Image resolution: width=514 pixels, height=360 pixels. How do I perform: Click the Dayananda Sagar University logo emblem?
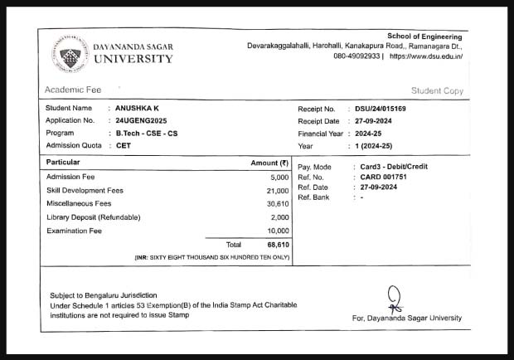70,53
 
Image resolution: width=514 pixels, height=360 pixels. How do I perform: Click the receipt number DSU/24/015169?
381,109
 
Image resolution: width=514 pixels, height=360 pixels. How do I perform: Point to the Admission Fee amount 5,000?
279,178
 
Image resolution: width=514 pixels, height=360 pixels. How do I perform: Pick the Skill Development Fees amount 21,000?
277,191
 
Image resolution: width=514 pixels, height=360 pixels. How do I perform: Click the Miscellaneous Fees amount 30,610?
277,204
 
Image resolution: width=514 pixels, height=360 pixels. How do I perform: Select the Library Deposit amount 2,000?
279,217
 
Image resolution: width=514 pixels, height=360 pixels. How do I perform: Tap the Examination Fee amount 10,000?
277,231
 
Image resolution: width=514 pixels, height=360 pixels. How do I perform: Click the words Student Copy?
437,90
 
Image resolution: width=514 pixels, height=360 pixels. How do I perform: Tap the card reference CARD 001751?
384,178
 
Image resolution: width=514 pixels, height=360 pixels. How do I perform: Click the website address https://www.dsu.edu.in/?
425,56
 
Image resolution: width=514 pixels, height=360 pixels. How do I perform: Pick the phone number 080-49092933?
356,56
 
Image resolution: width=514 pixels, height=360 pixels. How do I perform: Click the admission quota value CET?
124,145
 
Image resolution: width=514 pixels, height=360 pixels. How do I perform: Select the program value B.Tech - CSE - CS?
148,133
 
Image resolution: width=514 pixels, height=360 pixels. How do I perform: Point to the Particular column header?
63,163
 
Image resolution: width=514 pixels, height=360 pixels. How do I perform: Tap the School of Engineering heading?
424,36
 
